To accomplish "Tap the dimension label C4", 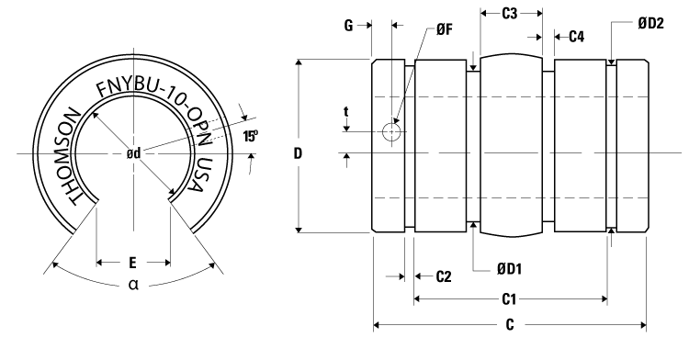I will [576, 37].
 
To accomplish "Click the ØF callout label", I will [444, 30].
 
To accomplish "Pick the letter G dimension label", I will [349, 28].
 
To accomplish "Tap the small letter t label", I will [346, 112].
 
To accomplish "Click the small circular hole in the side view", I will [392, 132].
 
